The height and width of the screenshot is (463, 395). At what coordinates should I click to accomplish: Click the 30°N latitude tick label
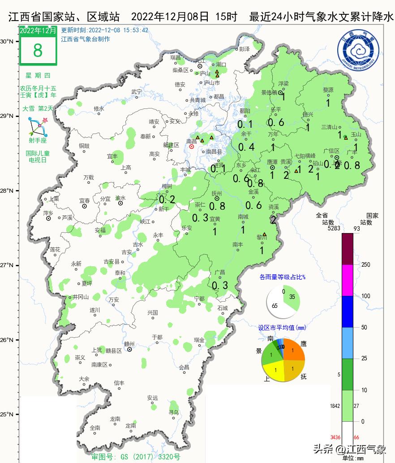(x=6, y=41)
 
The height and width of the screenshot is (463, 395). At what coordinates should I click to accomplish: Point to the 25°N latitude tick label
(x=6, y=415)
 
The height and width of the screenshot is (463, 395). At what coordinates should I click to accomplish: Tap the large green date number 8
(x=38, y=51)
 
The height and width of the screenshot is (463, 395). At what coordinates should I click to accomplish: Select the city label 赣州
(x=129, y=344)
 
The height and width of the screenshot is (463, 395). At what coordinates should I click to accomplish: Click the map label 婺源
(x=328, y=90)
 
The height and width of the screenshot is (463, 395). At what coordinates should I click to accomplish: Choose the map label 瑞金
(x=199, y=340)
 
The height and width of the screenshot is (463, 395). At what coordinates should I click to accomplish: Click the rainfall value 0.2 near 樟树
(x=167, y=199)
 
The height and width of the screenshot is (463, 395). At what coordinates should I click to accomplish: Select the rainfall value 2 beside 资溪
(x=273, y=220)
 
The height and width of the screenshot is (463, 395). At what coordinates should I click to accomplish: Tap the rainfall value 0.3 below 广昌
(x=219, y=286)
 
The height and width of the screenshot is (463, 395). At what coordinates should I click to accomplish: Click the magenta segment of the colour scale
(x=348, y=280)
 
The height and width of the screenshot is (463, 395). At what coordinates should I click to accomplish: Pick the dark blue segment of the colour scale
(x=348, y=312)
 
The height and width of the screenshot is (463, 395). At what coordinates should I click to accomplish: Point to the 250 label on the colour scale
(x=365, y=265)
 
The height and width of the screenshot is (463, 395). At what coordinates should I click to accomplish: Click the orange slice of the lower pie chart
(x=293, y=348)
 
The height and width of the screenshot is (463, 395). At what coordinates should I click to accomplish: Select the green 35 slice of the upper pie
(x=292, y=298)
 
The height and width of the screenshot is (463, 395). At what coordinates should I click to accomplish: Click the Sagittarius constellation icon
(x=38, y=127)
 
